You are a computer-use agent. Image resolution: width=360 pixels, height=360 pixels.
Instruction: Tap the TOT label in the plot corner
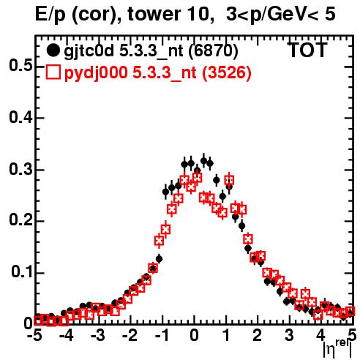(308, 50)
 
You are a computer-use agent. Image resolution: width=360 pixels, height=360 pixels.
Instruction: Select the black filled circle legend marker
(53, 50)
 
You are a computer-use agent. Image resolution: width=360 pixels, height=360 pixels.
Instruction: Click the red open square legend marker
(53, 72)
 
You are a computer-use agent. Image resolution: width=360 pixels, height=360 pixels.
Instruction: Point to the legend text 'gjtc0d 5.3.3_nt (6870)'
(151, 51)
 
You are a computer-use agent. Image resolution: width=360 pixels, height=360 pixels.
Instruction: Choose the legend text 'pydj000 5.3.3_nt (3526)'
(158, 73)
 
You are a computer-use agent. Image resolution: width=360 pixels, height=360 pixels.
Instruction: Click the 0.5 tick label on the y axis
(20, 66)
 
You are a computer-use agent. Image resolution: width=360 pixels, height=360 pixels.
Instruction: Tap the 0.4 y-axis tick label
(20, 117)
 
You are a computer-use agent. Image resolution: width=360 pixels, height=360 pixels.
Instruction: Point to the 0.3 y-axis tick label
(20, 169)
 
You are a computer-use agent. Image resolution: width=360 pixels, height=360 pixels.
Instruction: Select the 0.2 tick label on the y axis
(20, 220)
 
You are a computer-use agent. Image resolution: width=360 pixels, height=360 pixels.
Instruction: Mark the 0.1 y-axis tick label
(21, 271)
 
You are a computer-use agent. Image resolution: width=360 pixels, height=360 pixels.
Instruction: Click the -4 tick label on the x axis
(67, 336)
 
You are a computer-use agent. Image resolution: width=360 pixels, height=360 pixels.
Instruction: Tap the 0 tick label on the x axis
(194, 336)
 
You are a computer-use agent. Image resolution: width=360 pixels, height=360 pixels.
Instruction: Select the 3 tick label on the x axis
(289, 336)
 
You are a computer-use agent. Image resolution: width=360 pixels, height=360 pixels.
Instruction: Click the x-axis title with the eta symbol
(337, 349)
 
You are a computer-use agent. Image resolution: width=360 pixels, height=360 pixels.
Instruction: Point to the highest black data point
(203, 161)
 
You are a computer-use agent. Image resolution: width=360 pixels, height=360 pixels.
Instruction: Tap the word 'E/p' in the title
(50, 15)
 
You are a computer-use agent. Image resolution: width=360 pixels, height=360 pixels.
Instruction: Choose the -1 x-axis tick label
(162, 336)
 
